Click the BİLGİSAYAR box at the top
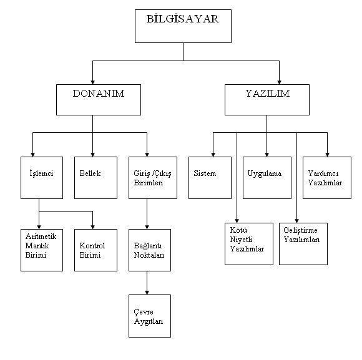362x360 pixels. point(183,26)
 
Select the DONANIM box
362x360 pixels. point(99,100)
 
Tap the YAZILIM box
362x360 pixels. point(267,100)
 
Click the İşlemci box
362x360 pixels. point(42,178)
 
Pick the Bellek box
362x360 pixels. point(96,178)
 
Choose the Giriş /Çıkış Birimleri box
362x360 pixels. point(153,178)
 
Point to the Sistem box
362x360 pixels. point(210,178)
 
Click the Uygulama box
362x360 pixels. point(267,178)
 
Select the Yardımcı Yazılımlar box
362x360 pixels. point(327,178)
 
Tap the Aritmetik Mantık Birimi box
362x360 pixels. point(42,250)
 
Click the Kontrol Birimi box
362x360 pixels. point(96,250)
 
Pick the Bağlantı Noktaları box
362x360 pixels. point(150,250)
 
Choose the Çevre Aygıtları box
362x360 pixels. point(150,316)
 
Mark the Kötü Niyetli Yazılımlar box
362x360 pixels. point(249,244)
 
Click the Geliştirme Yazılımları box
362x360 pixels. point(303,244)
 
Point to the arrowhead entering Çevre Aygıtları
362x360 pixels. point(147,293)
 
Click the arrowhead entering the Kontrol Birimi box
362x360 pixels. point(92,227)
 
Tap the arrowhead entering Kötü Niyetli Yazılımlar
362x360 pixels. point(237,221)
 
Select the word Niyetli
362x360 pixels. point(241,240)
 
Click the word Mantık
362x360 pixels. point(37,246)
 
